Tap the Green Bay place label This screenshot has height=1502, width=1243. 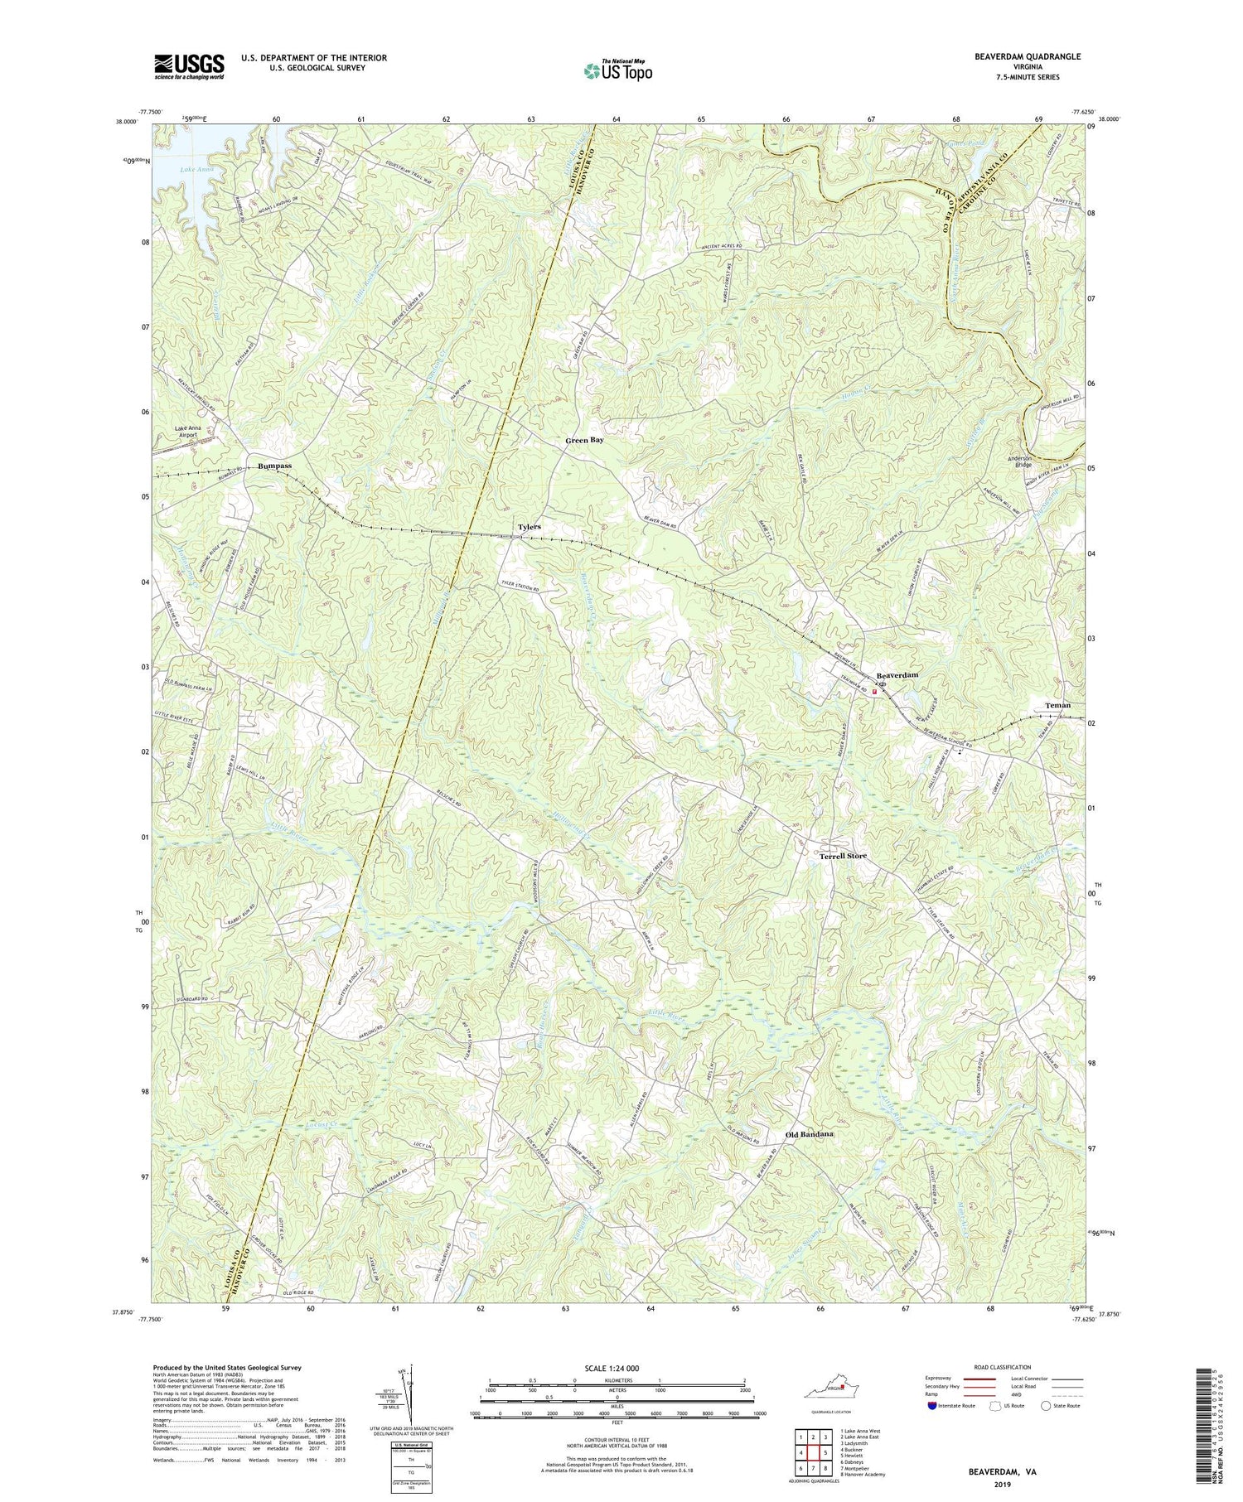[584, 440]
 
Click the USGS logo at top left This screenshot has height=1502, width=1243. [188, 66]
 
